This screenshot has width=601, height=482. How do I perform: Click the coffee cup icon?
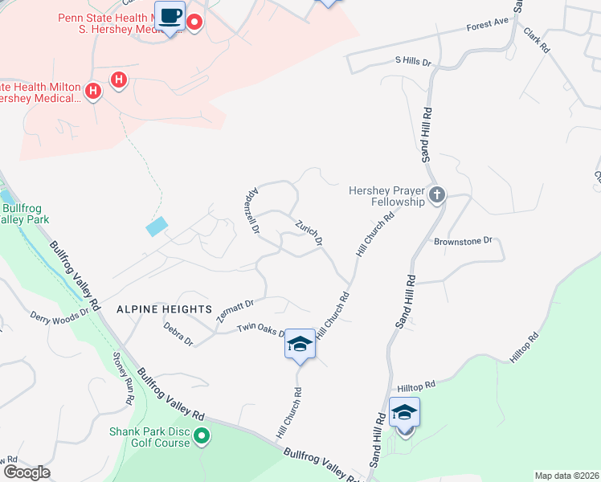[170, 16]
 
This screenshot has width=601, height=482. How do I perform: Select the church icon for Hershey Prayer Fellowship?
[436, 194]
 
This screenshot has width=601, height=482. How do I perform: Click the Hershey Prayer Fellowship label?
[386, 196]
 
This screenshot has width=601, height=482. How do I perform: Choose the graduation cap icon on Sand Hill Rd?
[404, 414]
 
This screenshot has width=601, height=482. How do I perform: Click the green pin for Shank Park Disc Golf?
[202, 437]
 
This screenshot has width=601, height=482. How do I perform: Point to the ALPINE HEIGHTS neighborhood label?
[164, 308]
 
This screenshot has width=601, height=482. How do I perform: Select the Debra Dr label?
[178, 333]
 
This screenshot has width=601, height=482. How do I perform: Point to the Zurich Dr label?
[309, 232]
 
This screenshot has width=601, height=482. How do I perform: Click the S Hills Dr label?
[413, 61]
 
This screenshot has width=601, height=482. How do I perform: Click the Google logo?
[26, 472]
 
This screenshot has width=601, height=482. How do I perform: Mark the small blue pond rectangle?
[158, 227]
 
